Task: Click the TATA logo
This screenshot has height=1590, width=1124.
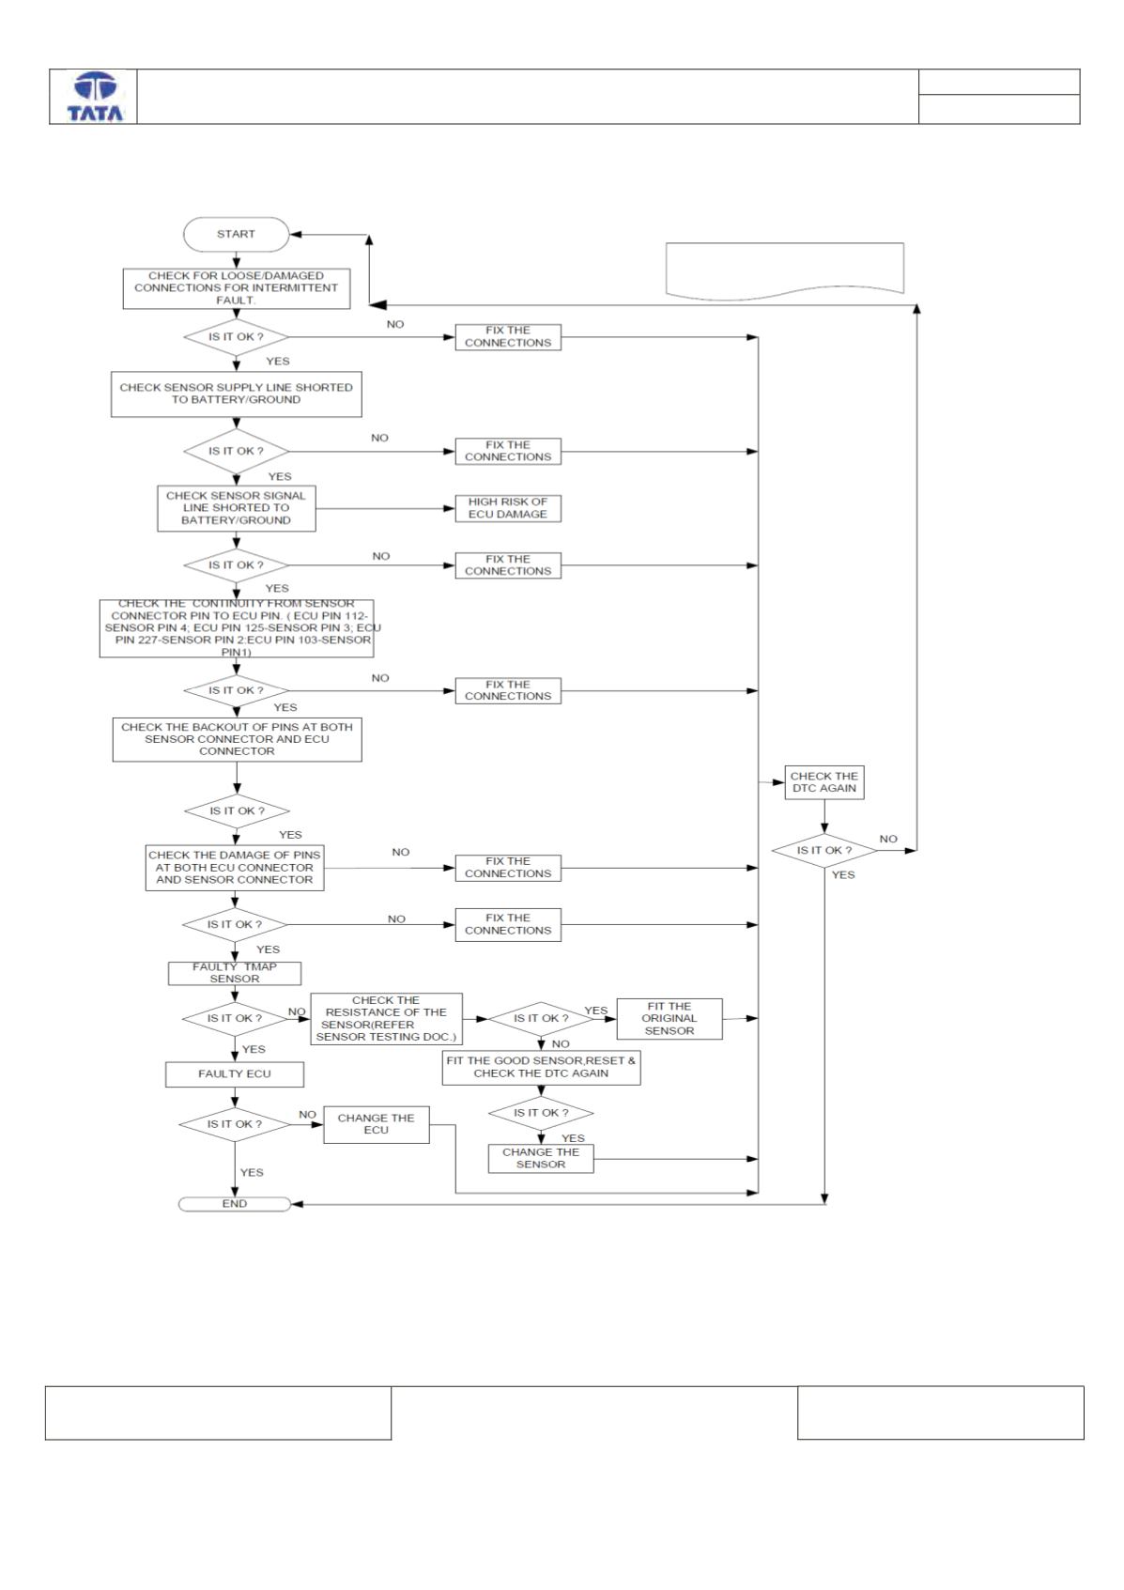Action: (x=95, y=97)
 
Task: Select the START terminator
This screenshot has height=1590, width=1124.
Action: (x=237, y=234)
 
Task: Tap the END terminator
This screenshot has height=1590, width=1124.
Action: (x=235, y=1204)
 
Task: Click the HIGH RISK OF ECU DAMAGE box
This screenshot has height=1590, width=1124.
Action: (x=508, y=508)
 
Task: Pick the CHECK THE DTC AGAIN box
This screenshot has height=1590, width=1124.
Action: (x=824, y=782)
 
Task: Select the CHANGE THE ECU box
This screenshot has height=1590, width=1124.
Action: (x=377, y=1124)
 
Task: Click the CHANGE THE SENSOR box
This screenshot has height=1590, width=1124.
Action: (x=541, y=1158)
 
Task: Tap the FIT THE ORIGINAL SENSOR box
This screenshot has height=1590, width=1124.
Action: (x=670, y=1019)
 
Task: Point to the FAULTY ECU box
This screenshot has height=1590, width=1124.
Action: (x=235, y=1074)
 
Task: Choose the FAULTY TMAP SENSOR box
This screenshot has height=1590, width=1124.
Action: (x=235, y=973)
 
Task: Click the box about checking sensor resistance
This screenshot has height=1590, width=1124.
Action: (x=387, y=1019)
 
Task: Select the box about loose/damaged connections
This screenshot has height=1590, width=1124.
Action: (x=237, y=288)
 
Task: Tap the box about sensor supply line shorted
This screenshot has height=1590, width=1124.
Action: (x=237, y=394)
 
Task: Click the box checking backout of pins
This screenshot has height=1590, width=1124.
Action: (x=237, y=740)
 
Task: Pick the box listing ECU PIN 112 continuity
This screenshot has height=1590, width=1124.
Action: (x=237, y=629)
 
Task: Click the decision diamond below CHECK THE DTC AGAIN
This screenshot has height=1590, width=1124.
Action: (x=824, y=850)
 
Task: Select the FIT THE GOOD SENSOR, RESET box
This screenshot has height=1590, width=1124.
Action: (x=542, y=1068)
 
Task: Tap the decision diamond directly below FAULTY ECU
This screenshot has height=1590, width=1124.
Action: (x=235, y=1124)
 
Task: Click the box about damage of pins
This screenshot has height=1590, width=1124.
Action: (x=235, y=868)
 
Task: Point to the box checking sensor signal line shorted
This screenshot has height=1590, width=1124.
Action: (x=237, y=508)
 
